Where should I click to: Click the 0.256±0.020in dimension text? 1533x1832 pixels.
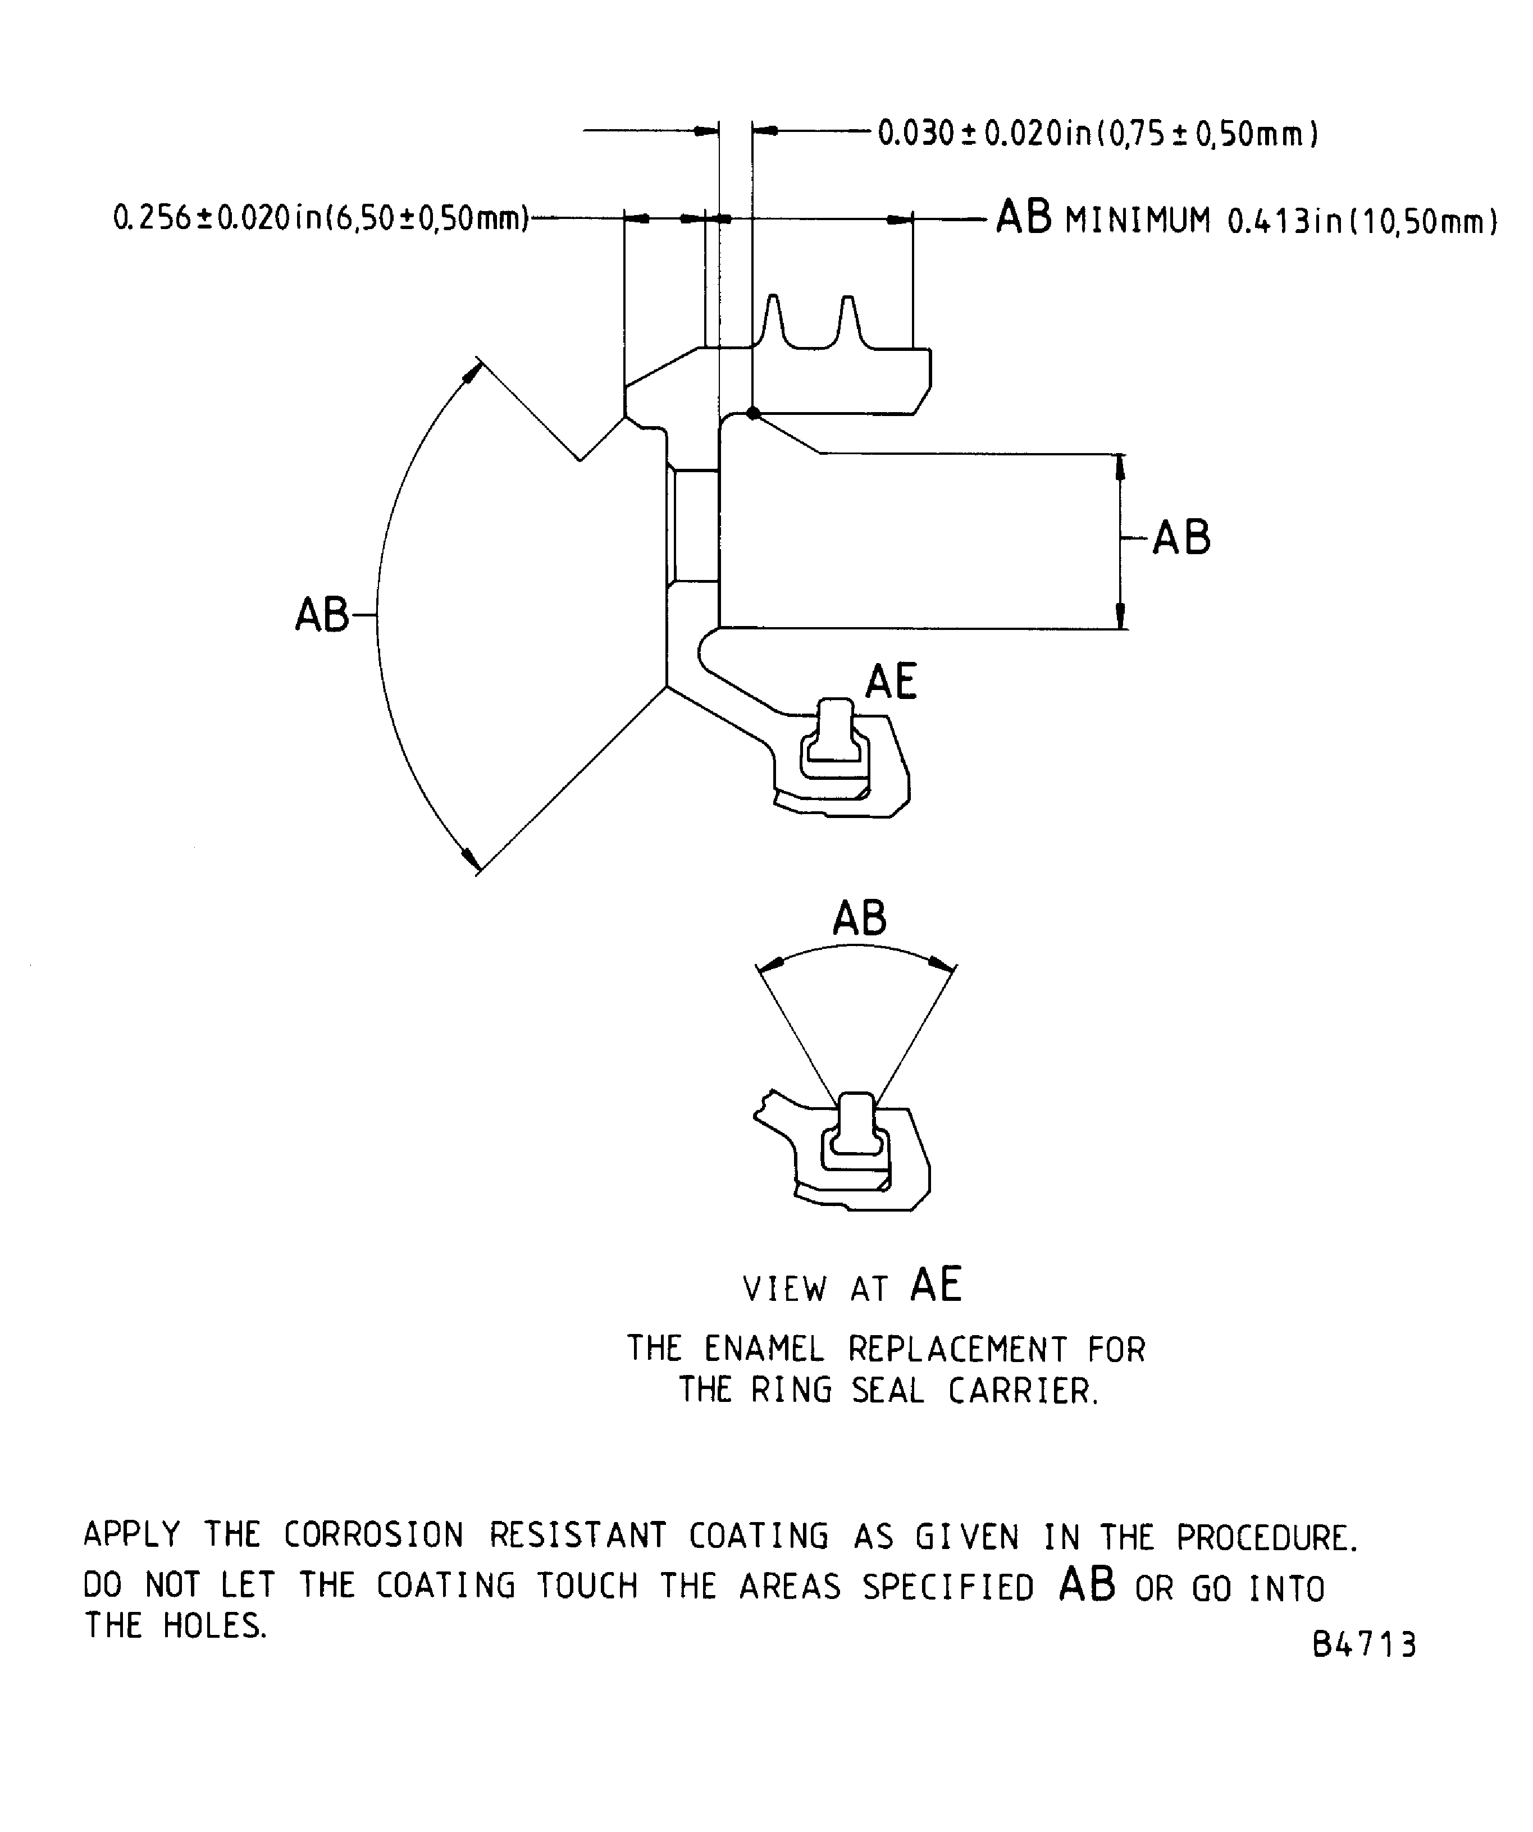321,217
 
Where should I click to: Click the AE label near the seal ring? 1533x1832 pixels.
891,682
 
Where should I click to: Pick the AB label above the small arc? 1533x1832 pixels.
859,918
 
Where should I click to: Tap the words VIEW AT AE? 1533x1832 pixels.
851,1286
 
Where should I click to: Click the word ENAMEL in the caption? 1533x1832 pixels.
764,1350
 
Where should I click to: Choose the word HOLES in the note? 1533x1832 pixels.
215,1626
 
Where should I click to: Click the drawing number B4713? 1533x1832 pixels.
1364,1645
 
